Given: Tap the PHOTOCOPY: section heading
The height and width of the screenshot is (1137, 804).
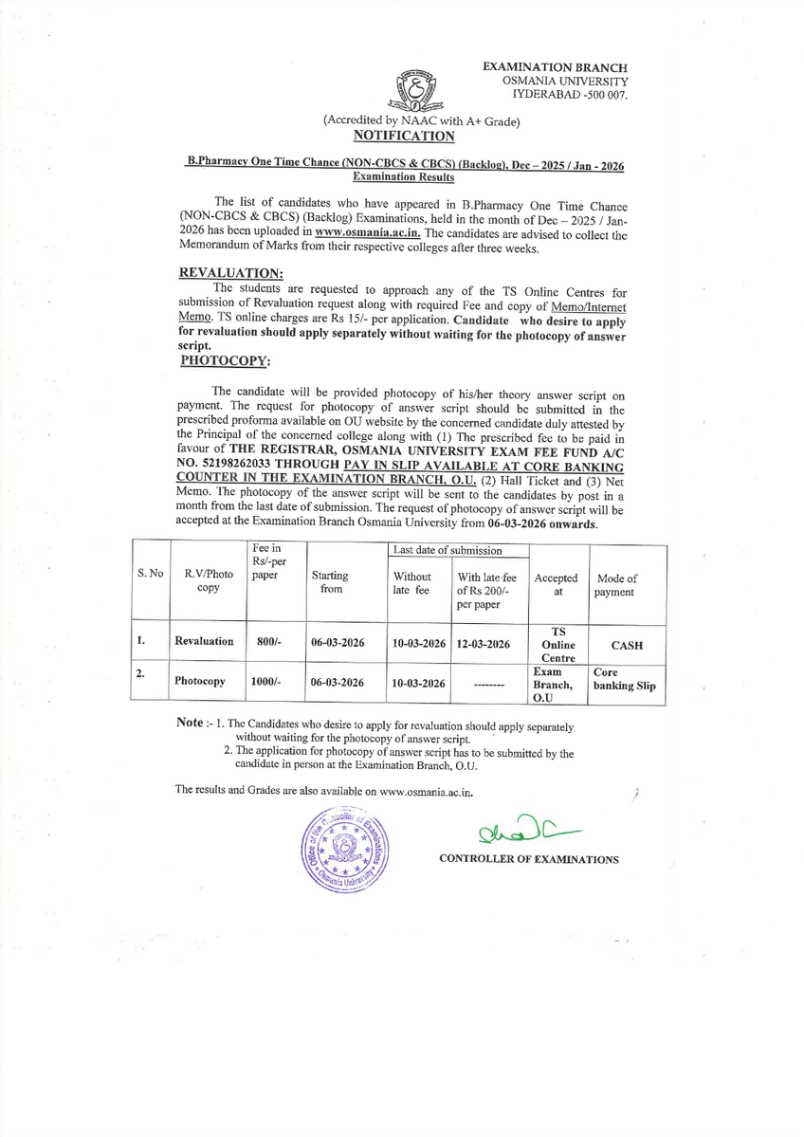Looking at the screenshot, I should [x=226, y=361].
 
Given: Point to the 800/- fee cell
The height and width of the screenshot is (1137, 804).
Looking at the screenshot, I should [x=269, y=642].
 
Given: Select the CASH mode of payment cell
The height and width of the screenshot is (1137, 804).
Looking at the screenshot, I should [x=626, y=645].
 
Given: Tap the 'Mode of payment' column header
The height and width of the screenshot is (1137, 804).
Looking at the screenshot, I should [x=616, y=585].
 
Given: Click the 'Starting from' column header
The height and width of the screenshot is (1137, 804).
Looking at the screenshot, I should [x=329, y=582].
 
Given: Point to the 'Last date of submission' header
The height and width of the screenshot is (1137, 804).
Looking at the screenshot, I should [x=448, y=550].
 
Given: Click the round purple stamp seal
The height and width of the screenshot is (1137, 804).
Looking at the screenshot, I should [x=344, y=851].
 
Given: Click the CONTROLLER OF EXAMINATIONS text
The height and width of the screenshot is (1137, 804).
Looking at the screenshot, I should [x=528, y=859].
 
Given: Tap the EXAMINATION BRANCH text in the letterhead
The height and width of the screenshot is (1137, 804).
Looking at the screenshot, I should [x=555, y=67].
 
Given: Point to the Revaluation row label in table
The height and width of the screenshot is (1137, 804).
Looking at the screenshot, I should [x=204, y=642].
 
